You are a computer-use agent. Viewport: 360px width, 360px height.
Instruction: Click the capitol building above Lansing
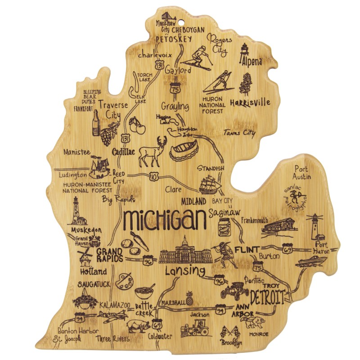[184, 253]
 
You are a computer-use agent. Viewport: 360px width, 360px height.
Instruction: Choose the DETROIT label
[267, 297]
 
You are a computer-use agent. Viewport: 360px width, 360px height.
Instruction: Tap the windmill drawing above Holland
[85, 256]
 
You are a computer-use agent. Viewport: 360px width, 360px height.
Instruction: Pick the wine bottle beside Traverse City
[96, 122]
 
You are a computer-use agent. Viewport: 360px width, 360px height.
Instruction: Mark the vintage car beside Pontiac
[234, 290]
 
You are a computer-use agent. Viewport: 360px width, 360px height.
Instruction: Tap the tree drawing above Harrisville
[246, 84]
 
